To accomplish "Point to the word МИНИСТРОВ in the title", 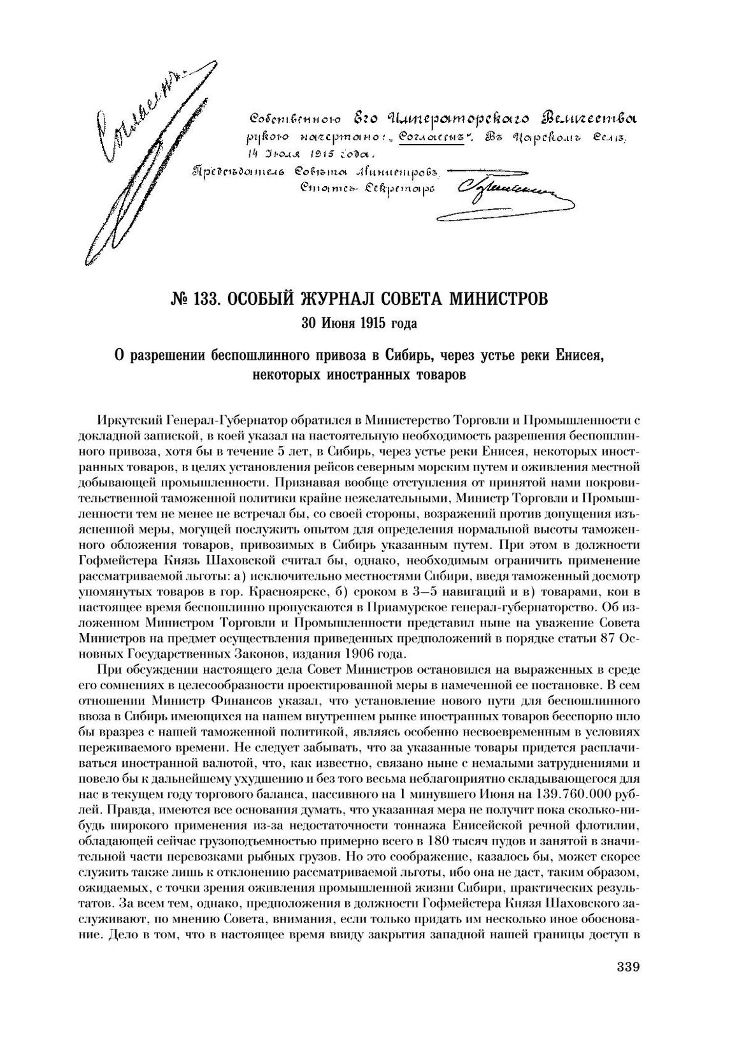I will (x=499, y=300).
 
